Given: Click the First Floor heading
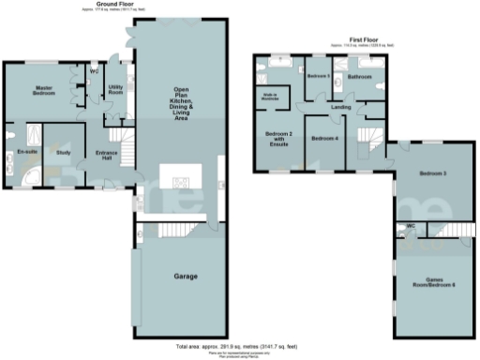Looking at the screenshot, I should point(356,40).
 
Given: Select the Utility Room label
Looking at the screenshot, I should point(116,90).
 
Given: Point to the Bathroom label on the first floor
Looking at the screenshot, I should point(360,76).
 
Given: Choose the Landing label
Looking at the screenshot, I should point(340,106).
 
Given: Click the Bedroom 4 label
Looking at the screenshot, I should point(324,139).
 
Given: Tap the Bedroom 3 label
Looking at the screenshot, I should point(432,173).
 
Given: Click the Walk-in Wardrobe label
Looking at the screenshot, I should point(269,97).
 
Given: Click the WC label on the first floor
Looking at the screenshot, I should point(410,227).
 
